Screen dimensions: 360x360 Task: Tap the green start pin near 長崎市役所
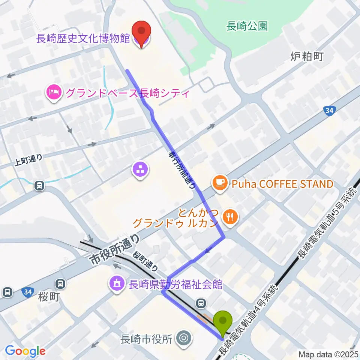click(x=222, y=321)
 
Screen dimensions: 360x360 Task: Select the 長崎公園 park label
click(x=247, y=26)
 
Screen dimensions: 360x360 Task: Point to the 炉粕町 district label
click(x=307, y=56)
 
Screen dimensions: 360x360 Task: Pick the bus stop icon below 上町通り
click(x=39, y=185)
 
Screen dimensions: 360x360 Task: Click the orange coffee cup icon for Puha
click(x=219, y=183)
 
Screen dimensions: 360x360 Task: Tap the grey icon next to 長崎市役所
click(x=184, y=338)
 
